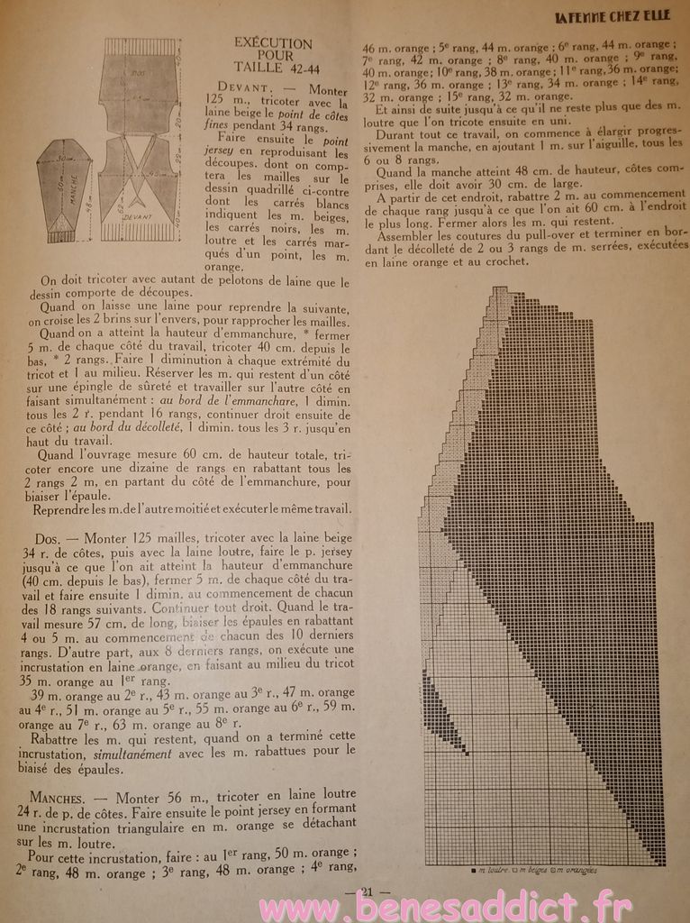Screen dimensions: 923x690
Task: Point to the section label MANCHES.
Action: (x=61, y=798)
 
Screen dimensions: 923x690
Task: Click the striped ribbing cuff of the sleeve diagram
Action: (x=65, y=233)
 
